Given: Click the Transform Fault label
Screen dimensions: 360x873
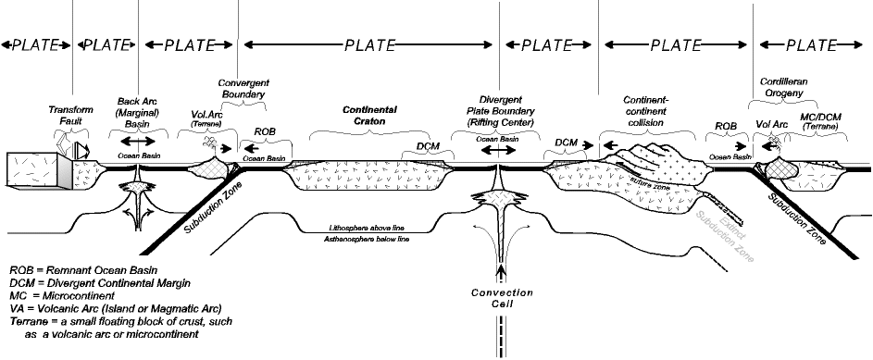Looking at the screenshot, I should (x=70, y=115).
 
